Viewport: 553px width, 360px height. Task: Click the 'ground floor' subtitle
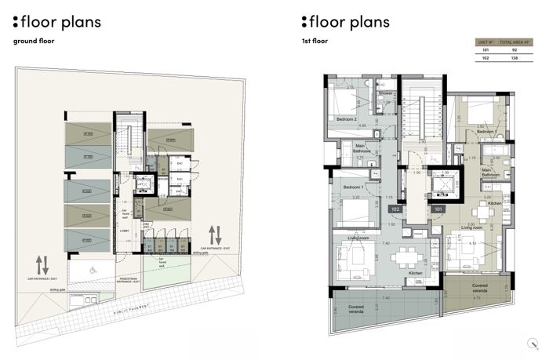(x=34, y=41)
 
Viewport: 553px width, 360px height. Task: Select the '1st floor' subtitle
(x=315, y=41)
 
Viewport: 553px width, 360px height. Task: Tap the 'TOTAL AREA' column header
(x=518, y=41)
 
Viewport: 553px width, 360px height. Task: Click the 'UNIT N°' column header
(x=486, y=41)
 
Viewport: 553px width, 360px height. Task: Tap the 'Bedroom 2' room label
(x=347, y=118)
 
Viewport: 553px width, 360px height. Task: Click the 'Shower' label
(x=386, y=93)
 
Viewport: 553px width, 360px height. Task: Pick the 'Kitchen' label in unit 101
(x=494, y=203)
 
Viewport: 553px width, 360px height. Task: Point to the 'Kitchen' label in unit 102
(x=416, y=273)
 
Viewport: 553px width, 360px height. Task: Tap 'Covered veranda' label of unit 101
(x=483, y=287)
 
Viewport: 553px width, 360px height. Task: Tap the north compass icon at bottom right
(x=534, y=341)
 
